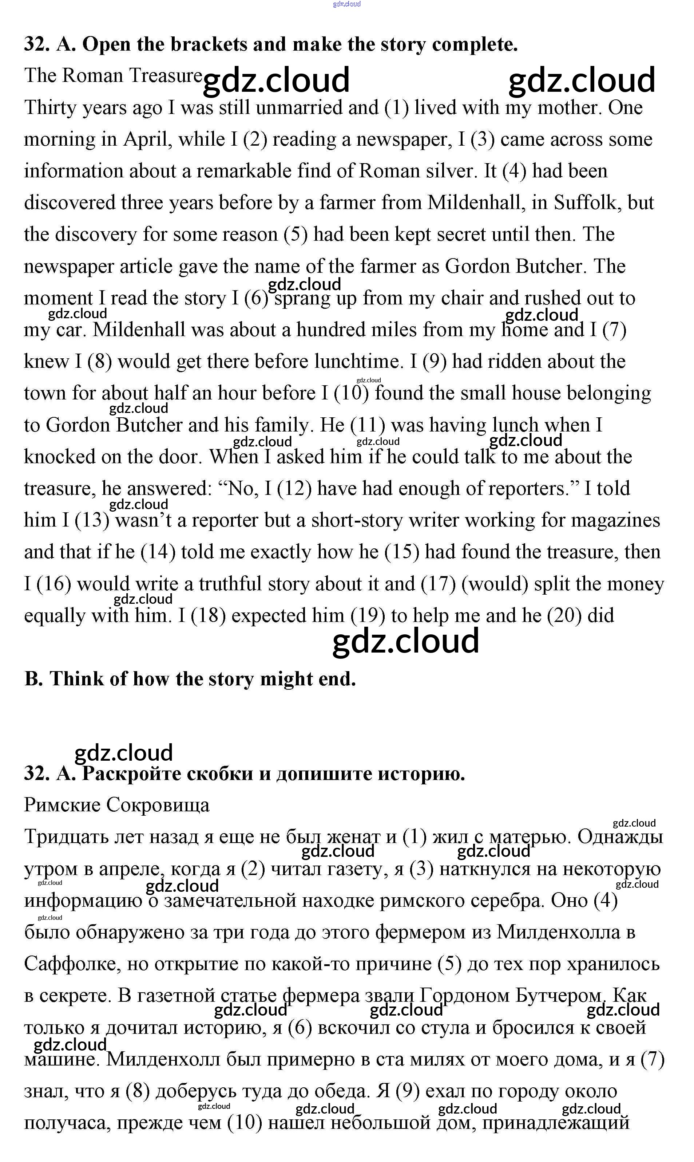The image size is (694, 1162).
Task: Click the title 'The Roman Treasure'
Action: pos(113,76)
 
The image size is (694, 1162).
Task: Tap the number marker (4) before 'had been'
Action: pos(514,171)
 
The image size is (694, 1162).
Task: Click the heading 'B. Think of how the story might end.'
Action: pos(190,679)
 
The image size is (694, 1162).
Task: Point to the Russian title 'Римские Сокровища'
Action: pos(116,805)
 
